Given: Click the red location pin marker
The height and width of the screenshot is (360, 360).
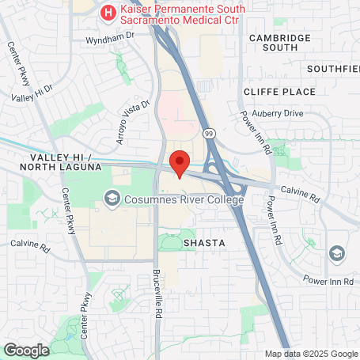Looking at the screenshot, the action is click(x=180, y=162).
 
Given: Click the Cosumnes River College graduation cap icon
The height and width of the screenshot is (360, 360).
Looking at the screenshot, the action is click(x=112, y=198).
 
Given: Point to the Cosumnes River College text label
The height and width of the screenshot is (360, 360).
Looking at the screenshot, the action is click(x=183, y=199).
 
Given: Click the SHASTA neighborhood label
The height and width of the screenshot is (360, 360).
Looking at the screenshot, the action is click(x=205, y=242).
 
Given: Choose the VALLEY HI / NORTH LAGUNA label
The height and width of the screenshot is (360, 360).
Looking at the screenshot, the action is click(x=61, y=161).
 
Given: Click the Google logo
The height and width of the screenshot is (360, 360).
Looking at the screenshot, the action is click(x=26, y=349).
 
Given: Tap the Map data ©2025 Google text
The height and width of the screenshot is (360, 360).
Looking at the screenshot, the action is click(x=311, y=354).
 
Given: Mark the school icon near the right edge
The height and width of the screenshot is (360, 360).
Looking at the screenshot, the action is click(x=337, y=253).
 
